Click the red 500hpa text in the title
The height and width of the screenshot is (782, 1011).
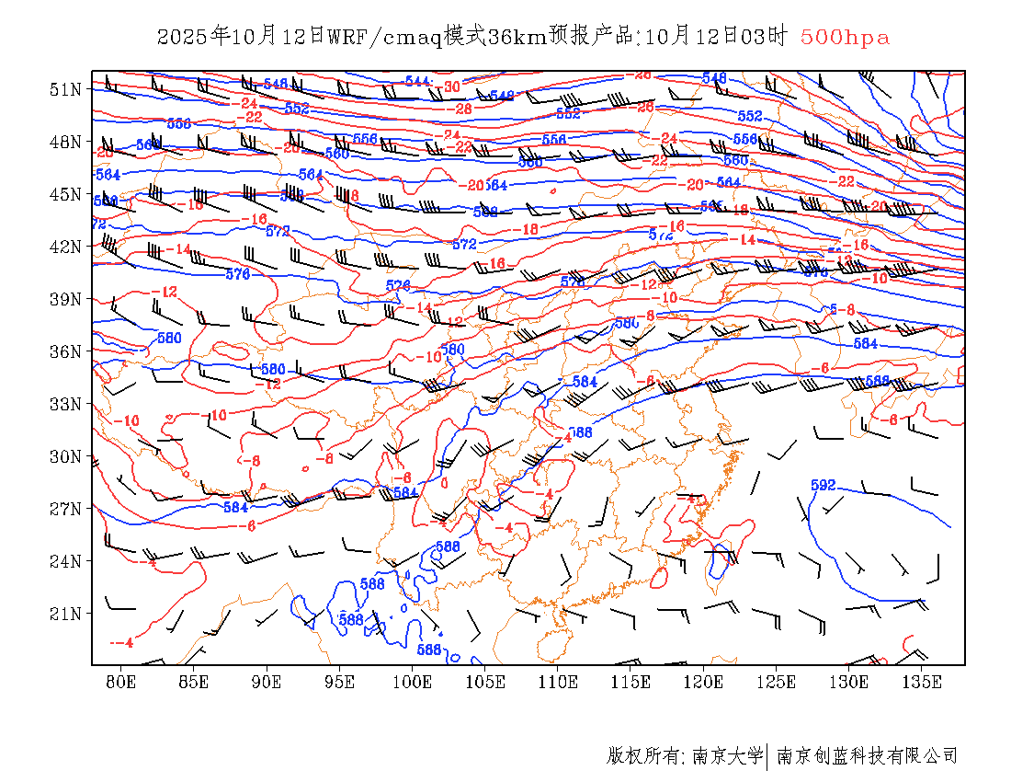point(845,38)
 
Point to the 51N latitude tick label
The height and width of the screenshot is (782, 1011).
point(65,89)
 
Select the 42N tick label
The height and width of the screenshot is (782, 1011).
point(65,247)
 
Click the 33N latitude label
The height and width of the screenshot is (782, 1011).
point(65,404)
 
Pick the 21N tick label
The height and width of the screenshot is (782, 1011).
point(65,614)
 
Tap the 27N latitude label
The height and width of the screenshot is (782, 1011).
point(65,509)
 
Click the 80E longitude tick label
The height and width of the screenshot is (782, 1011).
point(121,682)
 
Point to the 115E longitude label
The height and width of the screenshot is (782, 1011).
point(630,682)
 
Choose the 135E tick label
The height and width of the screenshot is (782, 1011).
point(922,682)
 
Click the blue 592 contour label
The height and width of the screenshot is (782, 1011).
point(823,485)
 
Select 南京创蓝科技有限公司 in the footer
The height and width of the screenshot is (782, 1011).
point(867,756)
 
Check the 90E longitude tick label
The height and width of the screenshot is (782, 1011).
point(267,682)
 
